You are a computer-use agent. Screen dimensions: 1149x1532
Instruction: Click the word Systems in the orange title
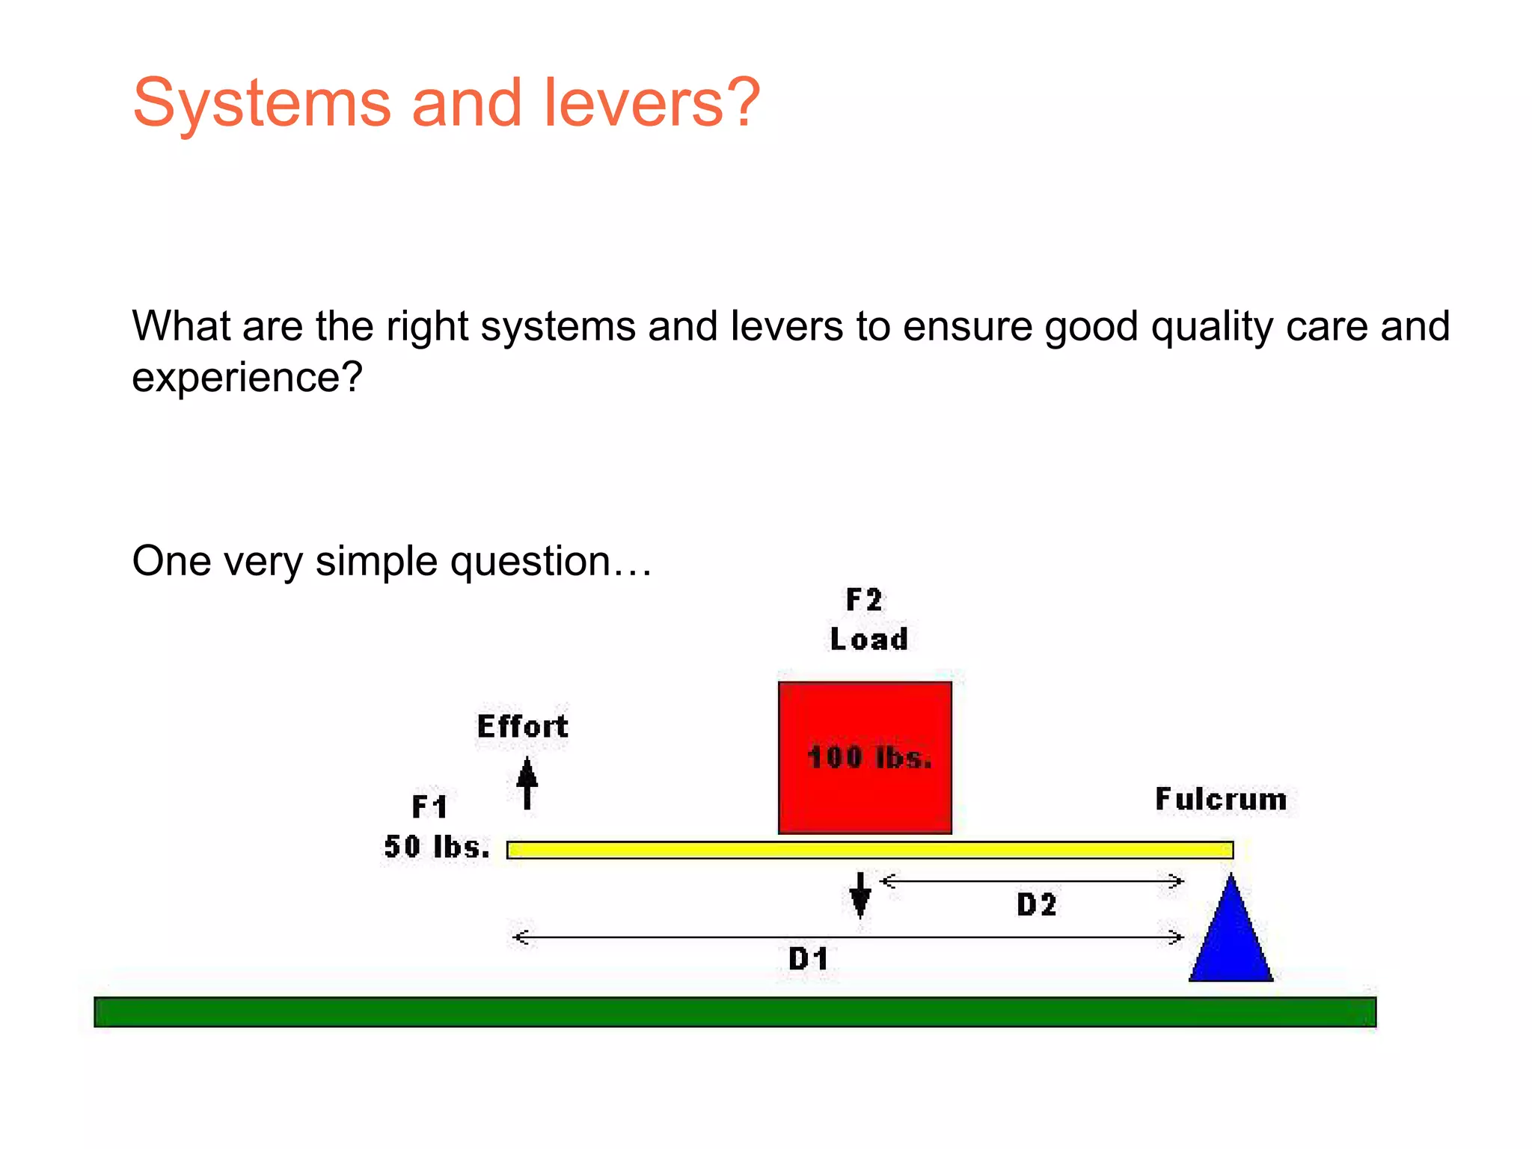point(262,103)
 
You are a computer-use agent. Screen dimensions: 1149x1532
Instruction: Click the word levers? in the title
point(651,103)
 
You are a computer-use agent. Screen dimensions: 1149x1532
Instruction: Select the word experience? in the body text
point(247,377)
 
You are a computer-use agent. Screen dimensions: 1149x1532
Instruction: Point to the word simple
point(376,561)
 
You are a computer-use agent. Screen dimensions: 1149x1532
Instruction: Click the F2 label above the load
point(864,600)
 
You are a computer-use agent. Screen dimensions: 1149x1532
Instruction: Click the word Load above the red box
point(868,640)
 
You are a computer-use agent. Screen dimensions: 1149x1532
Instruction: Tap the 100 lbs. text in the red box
point(869,758)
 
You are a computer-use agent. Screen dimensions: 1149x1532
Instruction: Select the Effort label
point(523,726)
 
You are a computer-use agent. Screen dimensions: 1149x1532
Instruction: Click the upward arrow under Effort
point(527,782)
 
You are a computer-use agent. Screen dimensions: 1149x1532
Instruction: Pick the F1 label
point(430,807)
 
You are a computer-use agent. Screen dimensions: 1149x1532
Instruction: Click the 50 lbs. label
point(437,847)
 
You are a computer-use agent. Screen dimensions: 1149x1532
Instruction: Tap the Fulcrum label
point(1221,799)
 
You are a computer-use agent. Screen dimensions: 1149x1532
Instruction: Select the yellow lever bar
point(869,850)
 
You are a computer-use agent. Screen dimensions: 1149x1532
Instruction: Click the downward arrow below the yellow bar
point(860,895)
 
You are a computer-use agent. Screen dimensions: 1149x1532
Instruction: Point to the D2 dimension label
point(1037,905)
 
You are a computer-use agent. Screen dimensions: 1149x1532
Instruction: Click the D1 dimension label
point(809,959)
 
